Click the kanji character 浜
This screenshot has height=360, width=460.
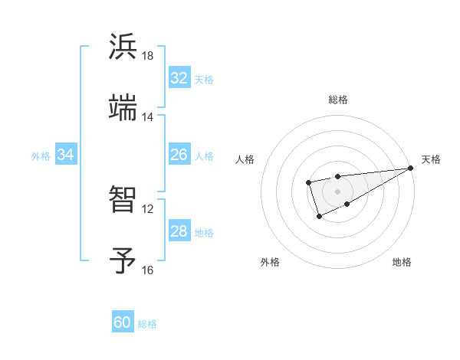click(x=123, y=47)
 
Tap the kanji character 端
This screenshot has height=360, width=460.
click(x=123, y=109)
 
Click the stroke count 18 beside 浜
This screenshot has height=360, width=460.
click(x=148, y=56)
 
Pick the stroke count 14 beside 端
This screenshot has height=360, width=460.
click(x=148, y=117)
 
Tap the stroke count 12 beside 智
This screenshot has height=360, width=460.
click(x=148, y=208)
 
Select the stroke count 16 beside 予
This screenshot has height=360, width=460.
click(x=148, y=270)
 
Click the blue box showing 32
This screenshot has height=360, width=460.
click(x=179, y=78)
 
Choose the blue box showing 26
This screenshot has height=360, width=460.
click(x=179, y=155)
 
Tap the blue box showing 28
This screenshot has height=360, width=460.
click(x=179, y=231)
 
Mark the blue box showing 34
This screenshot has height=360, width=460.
click(x=66, y=155)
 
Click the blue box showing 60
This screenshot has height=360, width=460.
click(x=123, y=322)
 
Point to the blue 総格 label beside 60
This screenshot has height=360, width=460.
click(x=147, y=324)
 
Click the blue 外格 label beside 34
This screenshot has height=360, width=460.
click(x=41, y=156)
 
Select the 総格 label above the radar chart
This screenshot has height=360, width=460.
click(x=337, y=100)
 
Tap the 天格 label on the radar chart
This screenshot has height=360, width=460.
click(x=431, y=159)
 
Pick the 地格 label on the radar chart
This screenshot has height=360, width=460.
click(x=402, y=262)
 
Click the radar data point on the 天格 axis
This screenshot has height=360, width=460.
click(x=411, y=168)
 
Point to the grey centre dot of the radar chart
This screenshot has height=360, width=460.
click(x=337, y=191)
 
